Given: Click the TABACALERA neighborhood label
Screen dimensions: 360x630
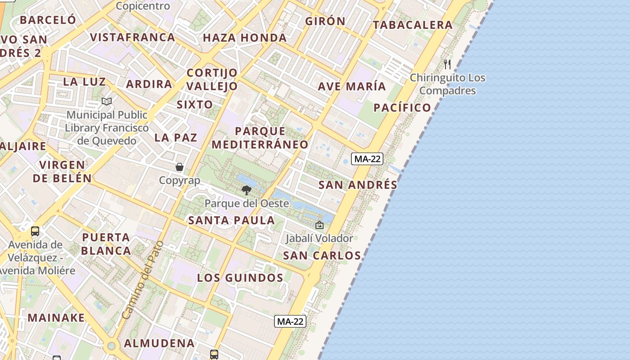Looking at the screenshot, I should (x=412, y=25).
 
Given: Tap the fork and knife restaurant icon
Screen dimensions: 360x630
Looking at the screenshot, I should (x=447, y=64).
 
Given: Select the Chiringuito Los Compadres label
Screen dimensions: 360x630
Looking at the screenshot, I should (x=447, y=84).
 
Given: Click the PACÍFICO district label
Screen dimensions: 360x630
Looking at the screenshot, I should (x=402, y=108).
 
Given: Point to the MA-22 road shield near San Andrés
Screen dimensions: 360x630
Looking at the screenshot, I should (x=368, y=159).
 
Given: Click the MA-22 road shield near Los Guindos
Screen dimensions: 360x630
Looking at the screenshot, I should (x=290, y=321).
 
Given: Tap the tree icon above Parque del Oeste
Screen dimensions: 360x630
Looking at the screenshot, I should (x=246, y=190).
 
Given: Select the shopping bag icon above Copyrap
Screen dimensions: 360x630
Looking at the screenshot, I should (x=180, y=167).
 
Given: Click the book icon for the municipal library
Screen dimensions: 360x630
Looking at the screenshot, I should (x=107, y=102).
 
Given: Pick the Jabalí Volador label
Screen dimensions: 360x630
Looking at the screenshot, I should (x=319, y=238).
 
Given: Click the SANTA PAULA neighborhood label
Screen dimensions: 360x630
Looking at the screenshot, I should (x=231, y=220).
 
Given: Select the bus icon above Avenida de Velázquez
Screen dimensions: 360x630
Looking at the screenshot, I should (x=35, y=231).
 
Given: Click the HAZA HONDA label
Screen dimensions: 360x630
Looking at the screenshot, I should (x=245, y=38).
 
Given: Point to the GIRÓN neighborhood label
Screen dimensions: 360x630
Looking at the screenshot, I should (x=325, y=21).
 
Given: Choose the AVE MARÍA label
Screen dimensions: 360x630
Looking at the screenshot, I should (x=352, y=86).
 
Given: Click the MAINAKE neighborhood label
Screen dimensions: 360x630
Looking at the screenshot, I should (x=56, y=318).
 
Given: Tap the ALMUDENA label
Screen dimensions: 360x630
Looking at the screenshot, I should (x=159, y=343).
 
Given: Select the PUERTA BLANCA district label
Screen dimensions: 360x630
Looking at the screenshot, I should (x=106, y=244).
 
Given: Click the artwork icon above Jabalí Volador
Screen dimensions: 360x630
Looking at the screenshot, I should (x=319, y=225).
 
